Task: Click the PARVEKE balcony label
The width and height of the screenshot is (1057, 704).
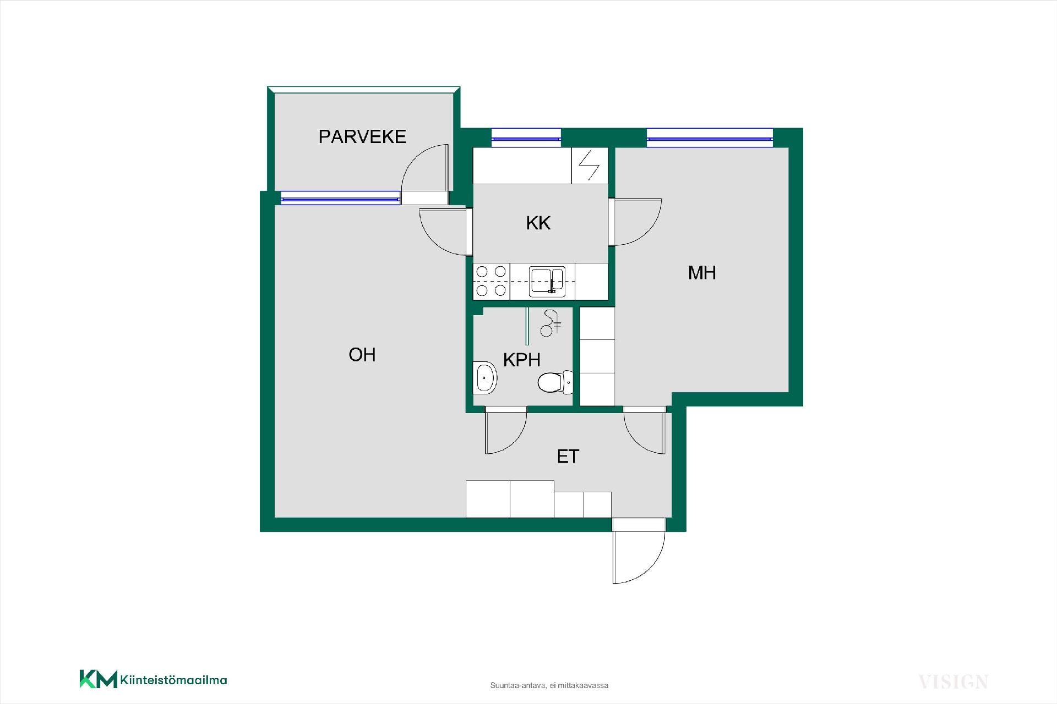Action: pyautogui.click(x=362, y=136)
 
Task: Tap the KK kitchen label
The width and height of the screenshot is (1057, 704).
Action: pyautogui.click(x=538, y=223)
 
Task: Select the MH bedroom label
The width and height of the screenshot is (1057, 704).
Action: pyautogui.click(x=702, y=272)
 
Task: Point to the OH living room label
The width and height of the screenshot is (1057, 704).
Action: pyautogui.click(x=362, y=355)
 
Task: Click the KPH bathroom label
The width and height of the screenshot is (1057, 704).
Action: pyautogui.click(x=522, y=360)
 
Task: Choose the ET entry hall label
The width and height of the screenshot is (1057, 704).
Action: pyautogui.click(x=568, y=457)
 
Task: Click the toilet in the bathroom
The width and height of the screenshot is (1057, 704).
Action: pyautogui.click(x=555, y=382)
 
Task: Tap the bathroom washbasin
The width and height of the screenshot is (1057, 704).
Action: pyautogui.click(x=485, y=378)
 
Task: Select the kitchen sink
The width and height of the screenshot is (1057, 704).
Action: pyautogui.click(x=547, y=281)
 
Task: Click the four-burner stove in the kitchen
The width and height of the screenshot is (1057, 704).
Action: pyautogui.click(x=492, y=281)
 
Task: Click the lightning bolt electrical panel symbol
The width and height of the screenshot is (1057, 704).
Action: pyautogui.click(x=590, y=166)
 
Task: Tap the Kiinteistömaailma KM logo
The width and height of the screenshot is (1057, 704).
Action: pyautogui.click(x=153, y=679)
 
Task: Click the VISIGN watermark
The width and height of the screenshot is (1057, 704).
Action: pyautogui.click(x=954, y=683)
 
